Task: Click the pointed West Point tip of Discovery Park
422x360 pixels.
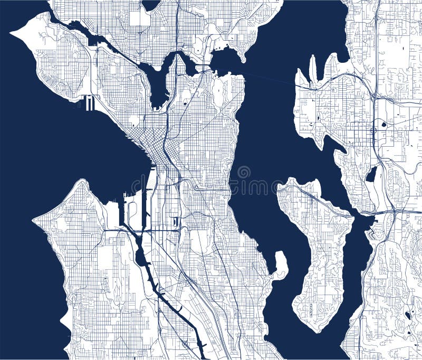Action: (x=12, y=32)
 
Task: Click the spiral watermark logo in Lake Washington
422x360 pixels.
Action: (x=244, y=172)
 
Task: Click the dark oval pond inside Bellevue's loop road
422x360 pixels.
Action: (x=383, y=125)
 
